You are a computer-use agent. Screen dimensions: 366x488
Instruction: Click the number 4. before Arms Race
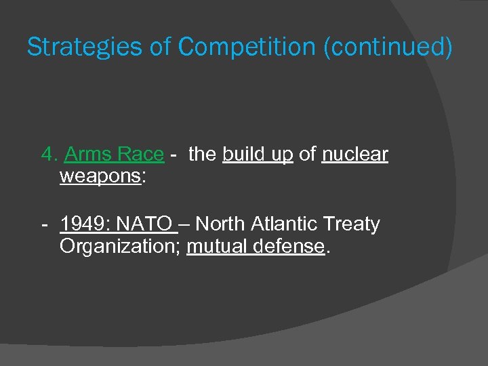click(49, 155)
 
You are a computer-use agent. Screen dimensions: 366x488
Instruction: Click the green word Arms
click(88, 155)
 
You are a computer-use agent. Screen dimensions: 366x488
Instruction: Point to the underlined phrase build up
click(258, 155)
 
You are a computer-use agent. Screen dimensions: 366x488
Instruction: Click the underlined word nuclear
click(354, 155)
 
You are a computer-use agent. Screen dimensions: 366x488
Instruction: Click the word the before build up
click(202, 155)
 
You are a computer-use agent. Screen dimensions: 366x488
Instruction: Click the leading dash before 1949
click(44, 224)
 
